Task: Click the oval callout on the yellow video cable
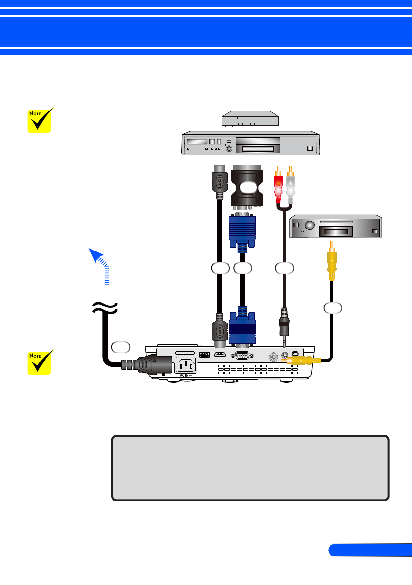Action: point(332,308)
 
